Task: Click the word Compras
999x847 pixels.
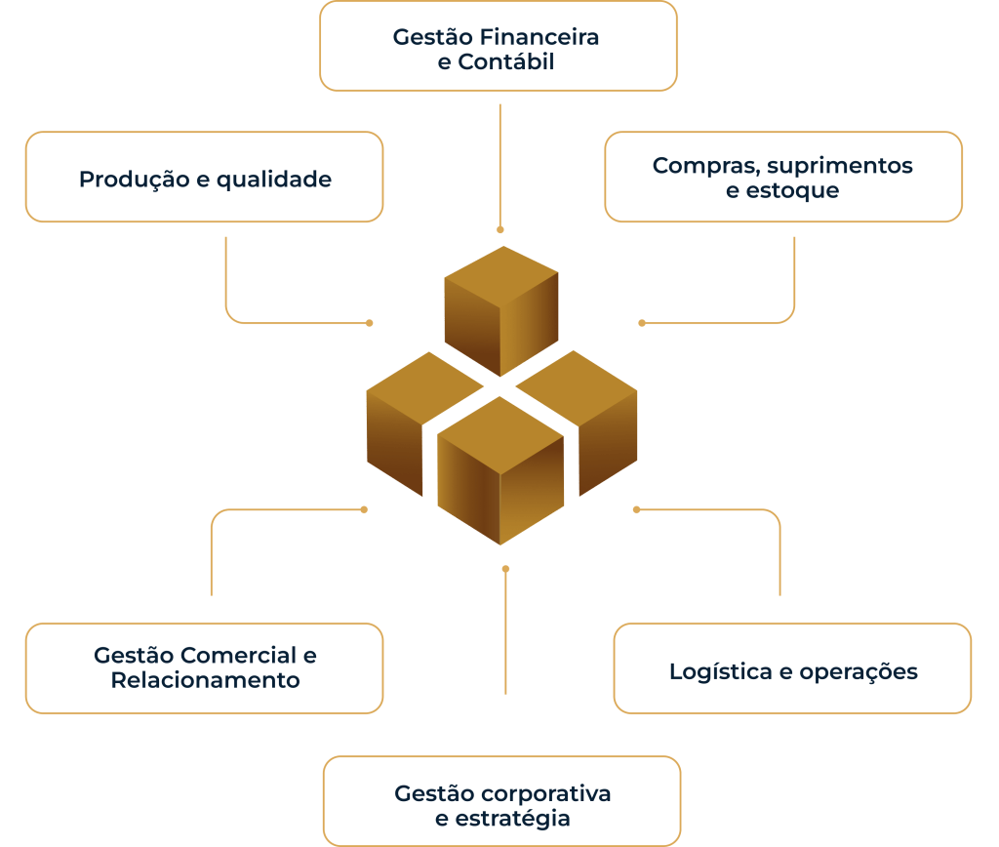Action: [696, 166]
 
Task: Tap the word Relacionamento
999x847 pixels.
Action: [205, 679]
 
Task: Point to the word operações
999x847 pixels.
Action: [859, 672]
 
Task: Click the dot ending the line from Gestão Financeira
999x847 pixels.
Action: [500, 230]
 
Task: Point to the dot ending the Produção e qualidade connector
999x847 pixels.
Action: [369, 322]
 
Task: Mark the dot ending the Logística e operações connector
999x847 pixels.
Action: [636, 509]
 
